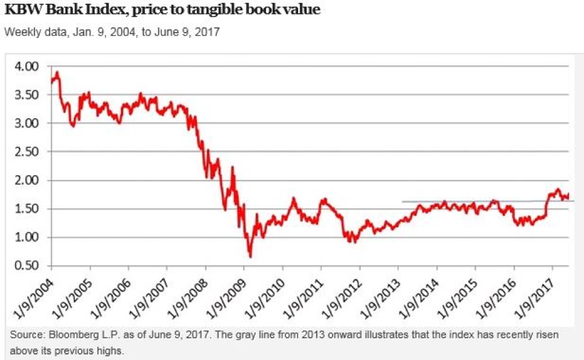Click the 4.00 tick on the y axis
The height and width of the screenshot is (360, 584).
point(26,66)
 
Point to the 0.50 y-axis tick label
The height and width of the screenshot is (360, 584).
point(26,266)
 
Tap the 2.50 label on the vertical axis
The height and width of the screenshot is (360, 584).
point(26,152)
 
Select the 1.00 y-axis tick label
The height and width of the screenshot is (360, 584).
point(26,238)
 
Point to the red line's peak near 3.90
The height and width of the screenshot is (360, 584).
point(57,72)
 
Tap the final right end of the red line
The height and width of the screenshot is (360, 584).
point(569,193)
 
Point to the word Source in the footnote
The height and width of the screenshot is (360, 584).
point(26,335)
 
